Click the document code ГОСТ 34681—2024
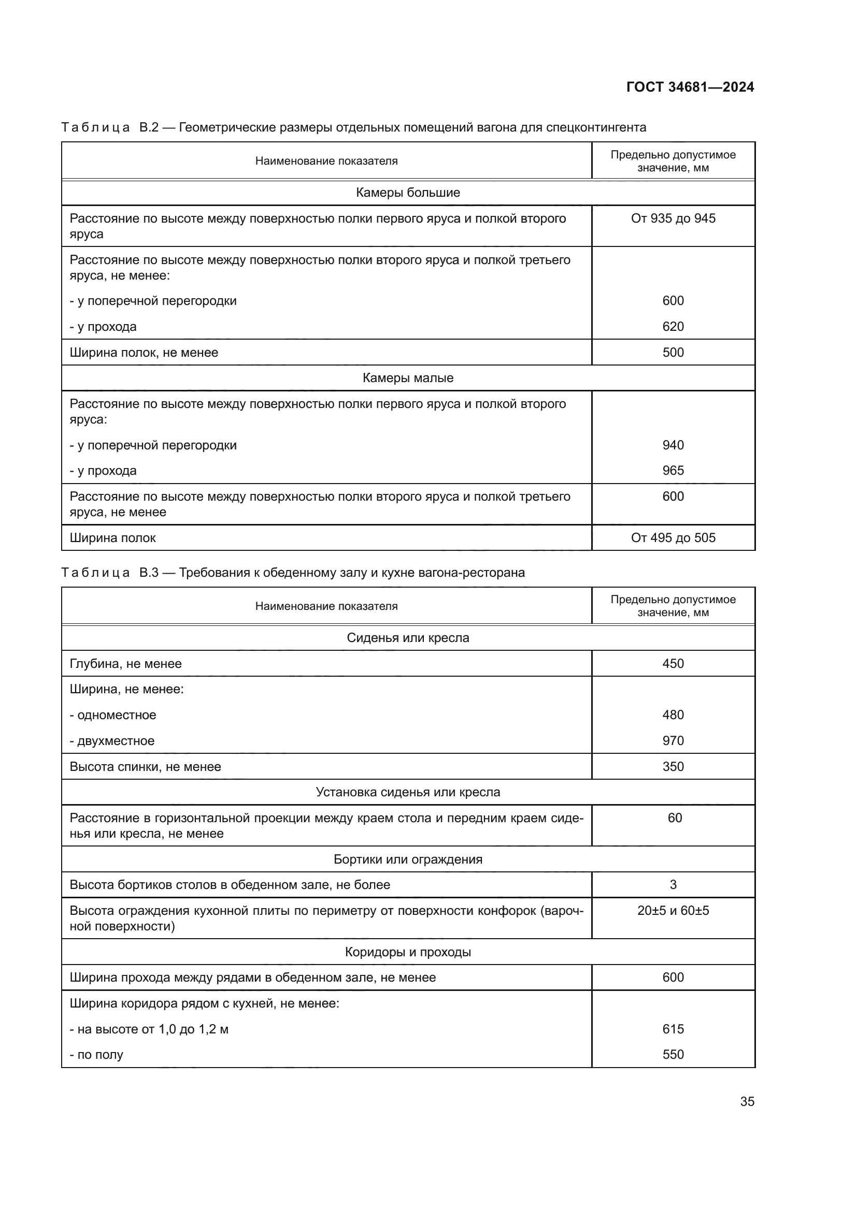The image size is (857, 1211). click(x=690, y=87)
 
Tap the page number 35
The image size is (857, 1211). click(x=747, y=1101)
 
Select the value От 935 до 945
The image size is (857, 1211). click(x=673, y=218)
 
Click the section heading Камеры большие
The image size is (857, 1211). click(x=408, y=193)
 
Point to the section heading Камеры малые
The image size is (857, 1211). click(x=408, y=377)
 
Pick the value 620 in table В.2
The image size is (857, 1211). click(x=673, y=327)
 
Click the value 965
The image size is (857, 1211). click(x=673, y=471)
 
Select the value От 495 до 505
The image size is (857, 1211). click(x=673, y=538)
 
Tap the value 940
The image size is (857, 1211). click(x=673, y=445)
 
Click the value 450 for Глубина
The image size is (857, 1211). click(x=673, y=664)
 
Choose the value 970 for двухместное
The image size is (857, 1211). click(x=673, y=740)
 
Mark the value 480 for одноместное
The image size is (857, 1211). click(x=673, y=714)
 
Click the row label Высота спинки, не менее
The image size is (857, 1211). click(x=145, y=766)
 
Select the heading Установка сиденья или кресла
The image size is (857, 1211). click(x=408, y=792)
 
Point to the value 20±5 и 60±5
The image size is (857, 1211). click(x=673, y=910)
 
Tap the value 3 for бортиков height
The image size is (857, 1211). click(x=673, y=884)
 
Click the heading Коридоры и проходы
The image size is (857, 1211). click(x=408, y=952)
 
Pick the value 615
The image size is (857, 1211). click(x=673, y=1029)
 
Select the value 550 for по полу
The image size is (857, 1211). click(x=673, y=1055)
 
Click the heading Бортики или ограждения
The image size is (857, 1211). click(x=408, y=859)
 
